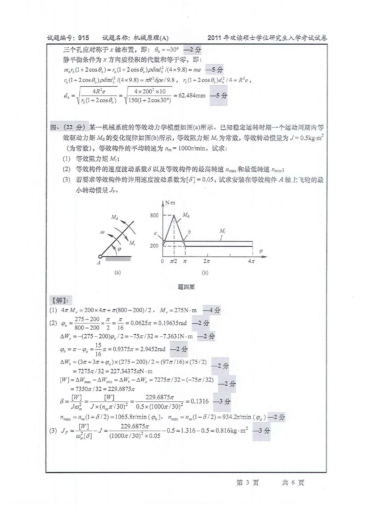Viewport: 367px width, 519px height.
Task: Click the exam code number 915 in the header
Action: coord(83,38)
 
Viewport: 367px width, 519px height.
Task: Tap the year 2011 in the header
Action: coord(214,38)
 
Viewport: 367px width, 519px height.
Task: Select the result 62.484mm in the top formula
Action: coord(192,96)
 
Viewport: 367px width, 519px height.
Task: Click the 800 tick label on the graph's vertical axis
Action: coord(154,215)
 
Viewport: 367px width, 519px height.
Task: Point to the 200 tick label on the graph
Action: coord(154,246)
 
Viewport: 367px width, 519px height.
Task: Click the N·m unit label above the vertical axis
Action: coord(170,203)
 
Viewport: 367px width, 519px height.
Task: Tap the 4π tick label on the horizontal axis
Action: coord(251,261)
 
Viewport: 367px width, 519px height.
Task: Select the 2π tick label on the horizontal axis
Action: coord(207,261)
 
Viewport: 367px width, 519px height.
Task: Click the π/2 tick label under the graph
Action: coord(173,261)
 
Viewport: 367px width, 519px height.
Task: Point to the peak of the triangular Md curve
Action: coord(174,215)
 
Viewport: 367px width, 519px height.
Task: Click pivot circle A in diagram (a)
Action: coord(100,257)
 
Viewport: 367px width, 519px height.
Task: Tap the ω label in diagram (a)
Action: coord(102,232)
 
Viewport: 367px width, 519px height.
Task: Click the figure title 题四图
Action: coord(186,287)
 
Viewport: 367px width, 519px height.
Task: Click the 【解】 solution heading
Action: coord(60,301)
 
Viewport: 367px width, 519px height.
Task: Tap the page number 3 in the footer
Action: coord(248,483)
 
